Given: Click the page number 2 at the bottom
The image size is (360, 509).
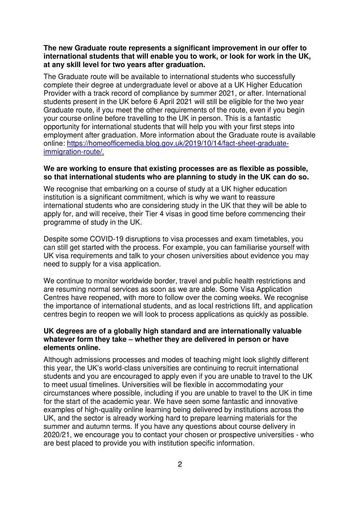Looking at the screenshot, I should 180,464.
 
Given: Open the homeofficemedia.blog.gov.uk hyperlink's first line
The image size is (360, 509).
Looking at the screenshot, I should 178,144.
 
